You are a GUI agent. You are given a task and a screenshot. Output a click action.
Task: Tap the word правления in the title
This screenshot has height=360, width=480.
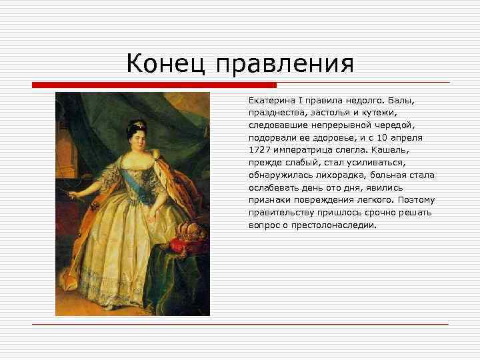[x=283, y=66]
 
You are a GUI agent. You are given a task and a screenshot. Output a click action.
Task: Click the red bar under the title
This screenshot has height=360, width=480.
[x=154, y=85]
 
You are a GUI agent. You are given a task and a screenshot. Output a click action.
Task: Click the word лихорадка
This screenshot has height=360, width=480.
[x=325, y=175]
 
